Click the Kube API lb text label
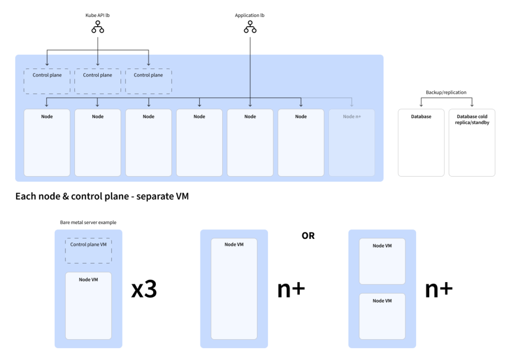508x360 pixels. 97,15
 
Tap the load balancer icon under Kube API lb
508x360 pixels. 97,28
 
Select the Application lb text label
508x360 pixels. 250,15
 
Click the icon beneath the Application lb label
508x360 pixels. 250,28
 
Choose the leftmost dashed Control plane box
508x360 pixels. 47,81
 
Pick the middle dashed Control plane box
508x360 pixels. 98,81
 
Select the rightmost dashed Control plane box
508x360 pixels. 148,81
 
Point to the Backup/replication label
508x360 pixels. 446,92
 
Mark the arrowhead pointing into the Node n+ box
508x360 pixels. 352,105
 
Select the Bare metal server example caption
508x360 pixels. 85,222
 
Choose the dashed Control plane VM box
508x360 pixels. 88,250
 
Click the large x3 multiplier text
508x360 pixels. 144,290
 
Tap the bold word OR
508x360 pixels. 308,235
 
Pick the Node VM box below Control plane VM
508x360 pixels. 88,306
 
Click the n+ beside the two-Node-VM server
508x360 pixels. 439,290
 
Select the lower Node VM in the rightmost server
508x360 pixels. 382,316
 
